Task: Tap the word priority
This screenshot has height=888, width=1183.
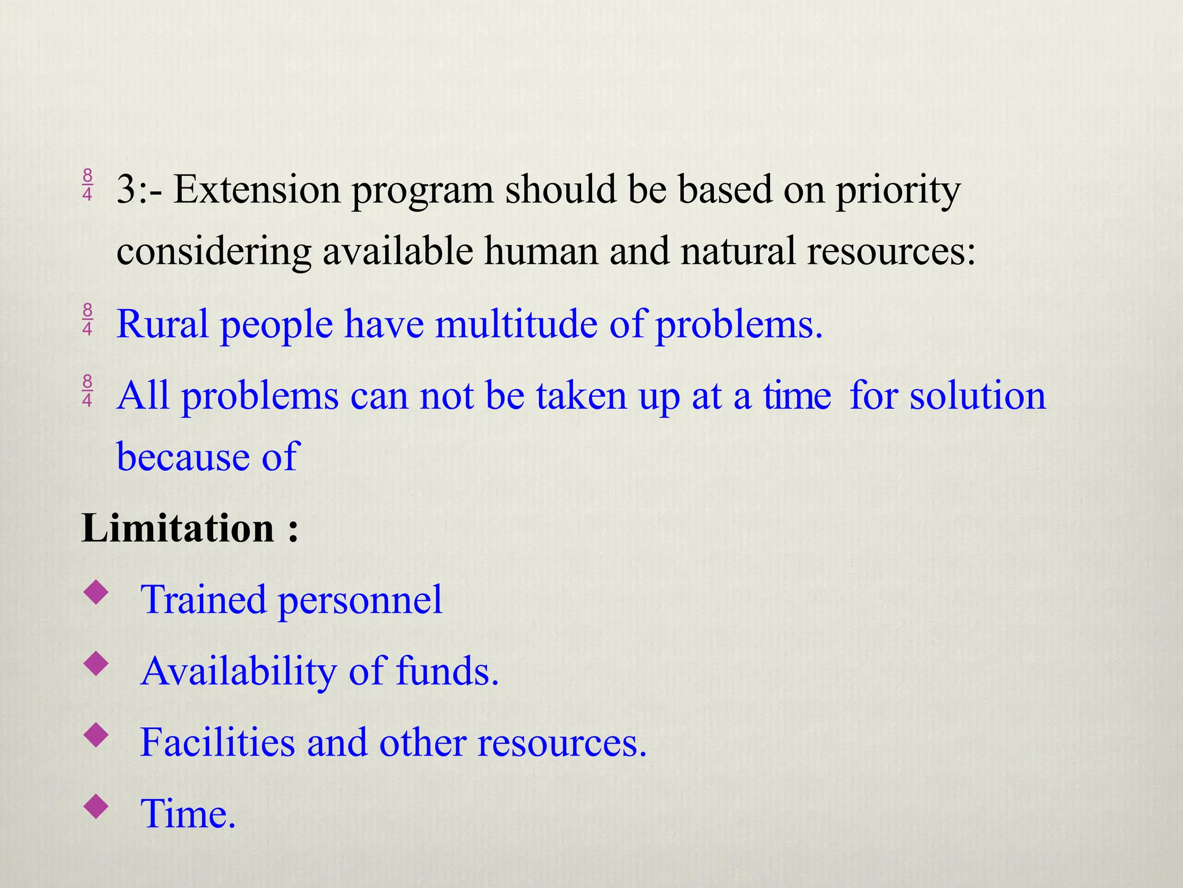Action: click(898, 191)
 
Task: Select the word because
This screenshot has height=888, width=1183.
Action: click(183, 457)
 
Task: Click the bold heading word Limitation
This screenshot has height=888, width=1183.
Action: click(178, 528)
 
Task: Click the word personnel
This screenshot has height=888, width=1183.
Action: click(360, 600)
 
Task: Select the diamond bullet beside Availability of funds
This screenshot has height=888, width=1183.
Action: click(96, 664)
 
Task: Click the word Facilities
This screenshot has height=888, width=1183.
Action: click(217, 742)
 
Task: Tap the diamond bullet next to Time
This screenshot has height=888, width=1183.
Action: click(96, 806)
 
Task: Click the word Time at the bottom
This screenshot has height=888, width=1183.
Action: click(188, 814)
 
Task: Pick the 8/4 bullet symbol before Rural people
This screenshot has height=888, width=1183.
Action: click(87, 319)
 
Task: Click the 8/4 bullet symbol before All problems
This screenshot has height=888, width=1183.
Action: click(87, 391)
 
